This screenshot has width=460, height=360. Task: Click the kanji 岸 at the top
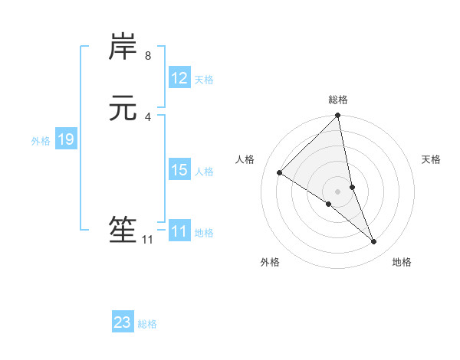tap(123, 47)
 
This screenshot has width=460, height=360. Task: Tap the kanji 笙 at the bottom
tap(123, 231)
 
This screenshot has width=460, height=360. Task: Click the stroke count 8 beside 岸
tap(148, 56)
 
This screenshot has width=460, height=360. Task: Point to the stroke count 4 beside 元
tap(148, 117)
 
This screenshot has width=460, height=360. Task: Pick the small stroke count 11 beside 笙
tap(147, 240)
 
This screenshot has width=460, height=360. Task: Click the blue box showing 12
tap(179, 78)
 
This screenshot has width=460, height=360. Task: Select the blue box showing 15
tap(179, 170)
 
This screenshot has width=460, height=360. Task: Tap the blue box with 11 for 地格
tap(179, 231)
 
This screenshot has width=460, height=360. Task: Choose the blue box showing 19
tap(66, 139)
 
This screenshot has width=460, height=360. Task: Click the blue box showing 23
tap(123, 322)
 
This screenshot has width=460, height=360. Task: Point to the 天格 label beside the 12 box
tap(204, 80)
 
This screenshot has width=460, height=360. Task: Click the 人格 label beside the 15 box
tap(204, 172)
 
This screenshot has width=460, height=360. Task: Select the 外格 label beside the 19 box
tap(41, 141)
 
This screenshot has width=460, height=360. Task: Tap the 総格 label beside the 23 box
tap(147, 324)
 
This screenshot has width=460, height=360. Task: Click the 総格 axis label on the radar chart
tap(338, 100)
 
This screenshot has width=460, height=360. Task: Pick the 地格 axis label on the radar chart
tap(402, 263)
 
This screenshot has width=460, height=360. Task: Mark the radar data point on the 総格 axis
tap(338, 116)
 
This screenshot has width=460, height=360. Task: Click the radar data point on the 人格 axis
tap(279, 172)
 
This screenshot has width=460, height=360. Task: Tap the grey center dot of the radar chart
tap(338, 191)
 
